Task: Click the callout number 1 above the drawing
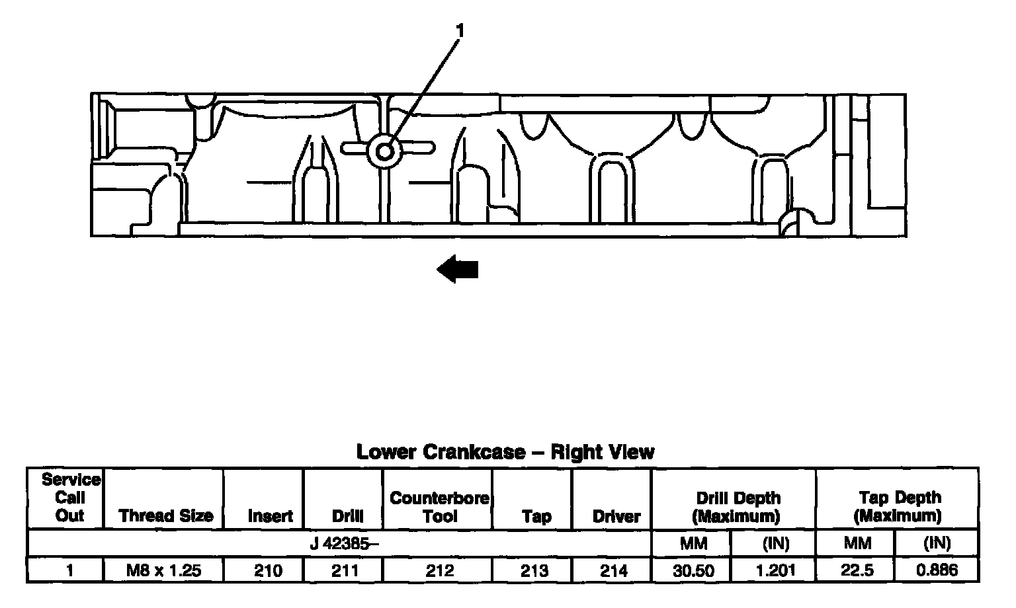(460, 30)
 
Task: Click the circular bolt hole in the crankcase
(384, 152)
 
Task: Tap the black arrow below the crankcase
(458, 270)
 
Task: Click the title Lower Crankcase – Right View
(505, 452)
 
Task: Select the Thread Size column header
(165, 515)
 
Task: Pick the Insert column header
(270, 516)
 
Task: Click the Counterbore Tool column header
(439, 507)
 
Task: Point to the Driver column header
(616, 516)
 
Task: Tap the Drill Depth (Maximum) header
(738, 507)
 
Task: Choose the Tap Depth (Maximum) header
(899, 507)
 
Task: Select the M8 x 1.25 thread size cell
(164, 570)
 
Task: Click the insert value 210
(268, 570)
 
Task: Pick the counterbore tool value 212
(439, 570)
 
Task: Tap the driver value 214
(613, 570)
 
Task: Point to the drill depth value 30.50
(693, 570)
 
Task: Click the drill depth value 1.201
(775, 570)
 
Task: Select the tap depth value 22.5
(857, 570)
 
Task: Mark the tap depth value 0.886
(937, 570)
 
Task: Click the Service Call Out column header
(69, 498)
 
